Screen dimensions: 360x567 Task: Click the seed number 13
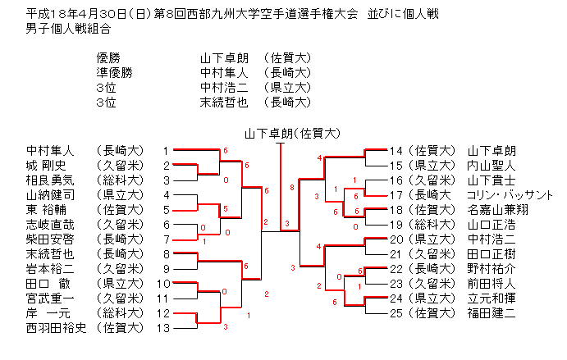click(165, 328)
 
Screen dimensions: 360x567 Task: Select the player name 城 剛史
click(43, 166)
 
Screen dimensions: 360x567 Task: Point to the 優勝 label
click(108, 58)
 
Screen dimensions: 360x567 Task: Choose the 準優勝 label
click(114, 73)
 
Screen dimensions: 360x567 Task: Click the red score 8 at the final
click(291, 188)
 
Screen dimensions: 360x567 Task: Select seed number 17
click(396, 195)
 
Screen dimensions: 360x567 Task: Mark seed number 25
click(396, 313)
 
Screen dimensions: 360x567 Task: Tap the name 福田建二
click(492, 313)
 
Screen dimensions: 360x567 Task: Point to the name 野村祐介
click(492, 269)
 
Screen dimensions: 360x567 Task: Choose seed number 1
click(165, 151)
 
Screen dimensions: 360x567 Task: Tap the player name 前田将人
click(492, 284)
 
